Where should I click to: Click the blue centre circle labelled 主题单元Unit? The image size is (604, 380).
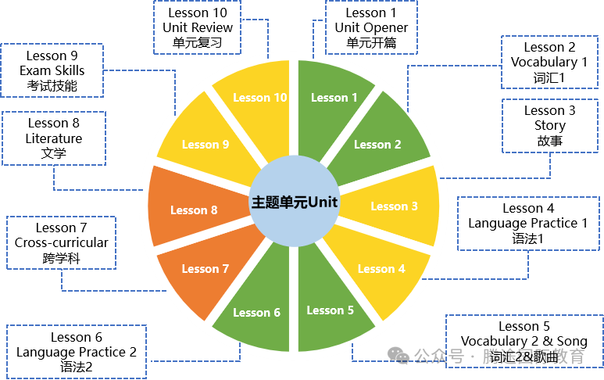294,202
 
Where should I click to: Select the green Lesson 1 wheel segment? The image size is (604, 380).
334,98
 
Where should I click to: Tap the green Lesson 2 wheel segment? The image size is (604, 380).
377,144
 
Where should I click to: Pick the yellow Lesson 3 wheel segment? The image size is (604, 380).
394,206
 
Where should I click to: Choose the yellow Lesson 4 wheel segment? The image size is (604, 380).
381,269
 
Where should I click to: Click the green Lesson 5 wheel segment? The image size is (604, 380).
330,310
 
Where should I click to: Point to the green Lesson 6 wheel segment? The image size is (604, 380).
256,313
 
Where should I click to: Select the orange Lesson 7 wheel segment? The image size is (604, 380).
206,269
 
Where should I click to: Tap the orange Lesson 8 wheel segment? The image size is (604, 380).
194,210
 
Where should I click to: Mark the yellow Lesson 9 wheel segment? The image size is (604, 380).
206,144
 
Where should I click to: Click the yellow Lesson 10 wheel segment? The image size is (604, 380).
260,98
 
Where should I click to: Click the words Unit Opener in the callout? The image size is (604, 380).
371,27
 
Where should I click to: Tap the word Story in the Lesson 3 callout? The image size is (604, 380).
550,126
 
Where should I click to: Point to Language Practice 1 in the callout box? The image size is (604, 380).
528,224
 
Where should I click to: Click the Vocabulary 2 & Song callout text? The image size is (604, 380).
524,341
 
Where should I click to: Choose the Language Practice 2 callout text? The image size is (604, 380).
77,352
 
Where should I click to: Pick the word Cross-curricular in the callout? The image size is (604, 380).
62,242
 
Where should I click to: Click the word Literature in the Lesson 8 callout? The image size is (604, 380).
54,138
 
